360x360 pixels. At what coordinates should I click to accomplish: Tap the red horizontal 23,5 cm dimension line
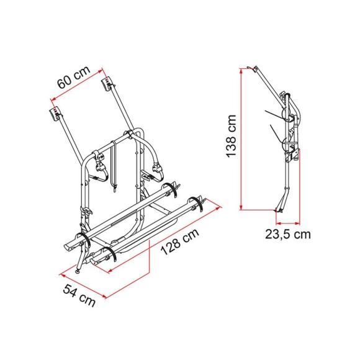pyautogui.click(x=287, y=221)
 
